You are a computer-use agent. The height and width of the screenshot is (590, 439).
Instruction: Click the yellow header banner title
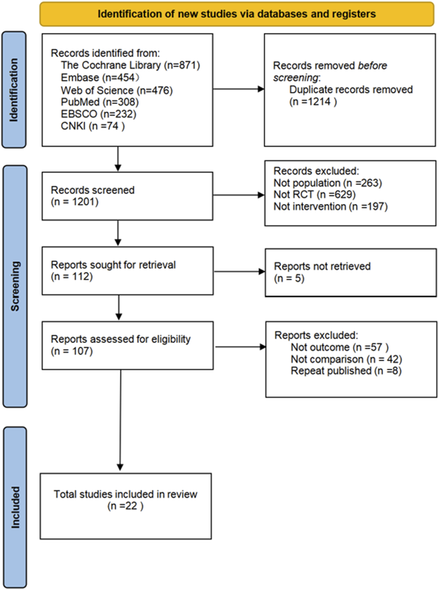pyautogui.click(x=237, y=14)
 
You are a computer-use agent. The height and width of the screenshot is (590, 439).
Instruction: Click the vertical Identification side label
pyautogui.click(x=14, y=90)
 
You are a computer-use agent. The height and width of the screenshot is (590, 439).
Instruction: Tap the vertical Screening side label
pyautogui.click(x=15, y=286)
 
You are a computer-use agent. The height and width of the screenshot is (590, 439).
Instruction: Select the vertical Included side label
pyautogui.click(x=15, y=507)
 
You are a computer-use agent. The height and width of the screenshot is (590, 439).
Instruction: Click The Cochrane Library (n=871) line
pyautogui.click(x=130, y=65)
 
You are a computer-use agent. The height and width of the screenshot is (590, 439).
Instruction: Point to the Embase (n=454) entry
pyautogui.click(x=100, y=78)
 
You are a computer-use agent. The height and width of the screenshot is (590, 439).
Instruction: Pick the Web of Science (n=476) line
pyautogui.click(x=117, y=90)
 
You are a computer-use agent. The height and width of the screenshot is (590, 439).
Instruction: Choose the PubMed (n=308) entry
pyautogui.click(x=100, y=102)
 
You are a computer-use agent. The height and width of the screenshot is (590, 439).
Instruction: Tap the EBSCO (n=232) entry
pyautogui.click(x=98, y=114)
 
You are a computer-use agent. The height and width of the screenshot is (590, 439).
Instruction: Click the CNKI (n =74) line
pyautogui.click(x=93, y=126)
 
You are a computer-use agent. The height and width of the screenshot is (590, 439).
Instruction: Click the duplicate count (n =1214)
pyautogui.click(x=313, y=102)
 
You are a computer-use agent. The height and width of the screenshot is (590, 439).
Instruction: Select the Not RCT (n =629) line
pyautogui.click(x=314, y=194)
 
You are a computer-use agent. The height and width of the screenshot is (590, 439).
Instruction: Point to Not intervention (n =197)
pyautogui.click(x=330, y=206)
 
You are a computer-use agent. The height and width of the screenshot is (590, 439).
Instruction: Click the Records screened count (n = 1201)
pyautogui.click(x=75, y=202)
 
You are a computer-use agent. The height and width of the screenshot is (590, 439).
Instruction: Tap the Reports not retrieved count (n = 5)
pyautogui.click(x=289, y=278)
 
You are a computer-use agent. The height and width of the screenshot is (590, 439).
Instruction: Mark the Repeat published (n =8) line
pyautogui.click(x=346, y=371)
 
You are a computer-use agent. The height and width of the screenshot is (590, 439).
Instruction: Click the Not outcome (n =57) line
pyautogui.click(x=339, y=347)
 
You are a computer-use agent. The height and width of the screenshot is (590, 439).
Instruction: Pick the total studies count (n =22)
pyautogui.click(x=125, y=506)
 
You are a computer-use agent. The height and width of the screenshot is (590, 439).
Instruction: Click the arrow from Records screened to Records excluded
pyautogui.click(x=239, y=195)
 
